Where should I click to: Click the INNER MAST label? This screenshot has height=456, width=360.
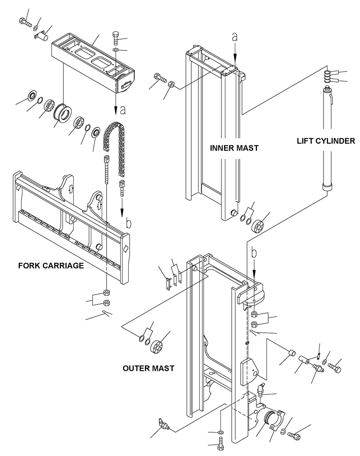click(x=234, y=148)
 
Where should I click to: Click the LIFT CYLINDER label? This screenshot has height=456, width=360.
click(x=326, y=141)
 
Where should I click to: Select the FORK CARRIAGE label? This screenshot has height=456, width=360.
click(x=51, y=266)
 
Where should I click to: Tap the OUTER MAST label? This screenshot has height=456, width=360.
click(x=148, y=368)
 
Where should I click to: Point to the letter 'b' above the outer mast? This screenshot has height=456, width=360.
click(x=255, y=253)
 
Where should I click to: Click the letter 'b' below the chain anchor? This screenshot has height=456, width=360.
click(x=128, y=222)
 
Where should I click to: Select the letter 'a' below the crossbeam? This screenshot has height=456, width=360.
click(x=123, y=109)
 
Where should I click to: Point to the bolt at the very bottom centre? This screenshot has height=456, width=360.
click(x=220, y=447)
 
